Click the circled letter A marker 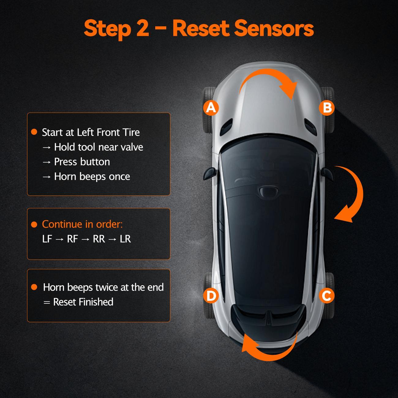[x=211, y=107]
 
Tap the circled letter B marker [x=327, y=108]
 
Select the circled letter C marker [x=326, y=296]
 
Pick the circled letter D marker [x=211, y=296]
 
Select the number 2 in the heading [x=141, y=28]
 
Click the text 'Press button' [x=82, y=162]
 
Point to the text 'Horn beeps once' [x=92, y=176]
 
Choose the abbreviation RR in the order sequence [x=99, y=239]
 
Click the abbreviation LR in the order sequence [x=125, y=239]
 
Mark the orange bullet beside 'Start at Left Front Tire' [x=34, y=132]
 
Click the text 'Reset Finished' [x=83, y=302]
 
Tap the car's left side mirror [x=211, y=172]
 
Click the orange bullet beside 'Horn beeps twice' [x=34, y=287]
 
